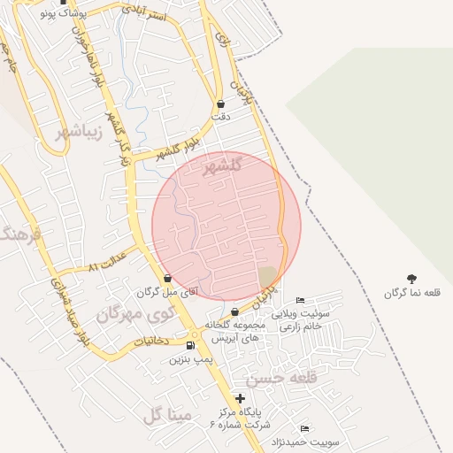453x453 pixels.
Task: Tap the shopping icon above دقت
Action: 220,104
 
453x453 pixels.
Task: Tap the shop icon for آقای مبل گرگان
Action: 168,278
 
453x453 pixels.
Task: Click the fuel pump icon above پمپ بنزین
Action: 192,344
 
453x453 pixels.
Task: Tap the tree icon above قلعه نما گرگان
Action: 411,279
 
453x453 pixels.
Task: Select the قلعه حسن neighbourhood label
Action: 281,378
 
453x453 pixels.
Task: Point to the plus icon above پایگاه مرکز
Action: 240,398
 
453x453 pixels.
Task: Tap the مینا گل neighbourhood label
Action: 166,414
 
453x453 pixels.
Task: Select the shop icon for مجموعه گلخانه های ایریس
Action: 234,311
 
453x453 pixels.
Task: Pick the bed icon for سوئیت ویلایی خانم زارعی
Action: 300,300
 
